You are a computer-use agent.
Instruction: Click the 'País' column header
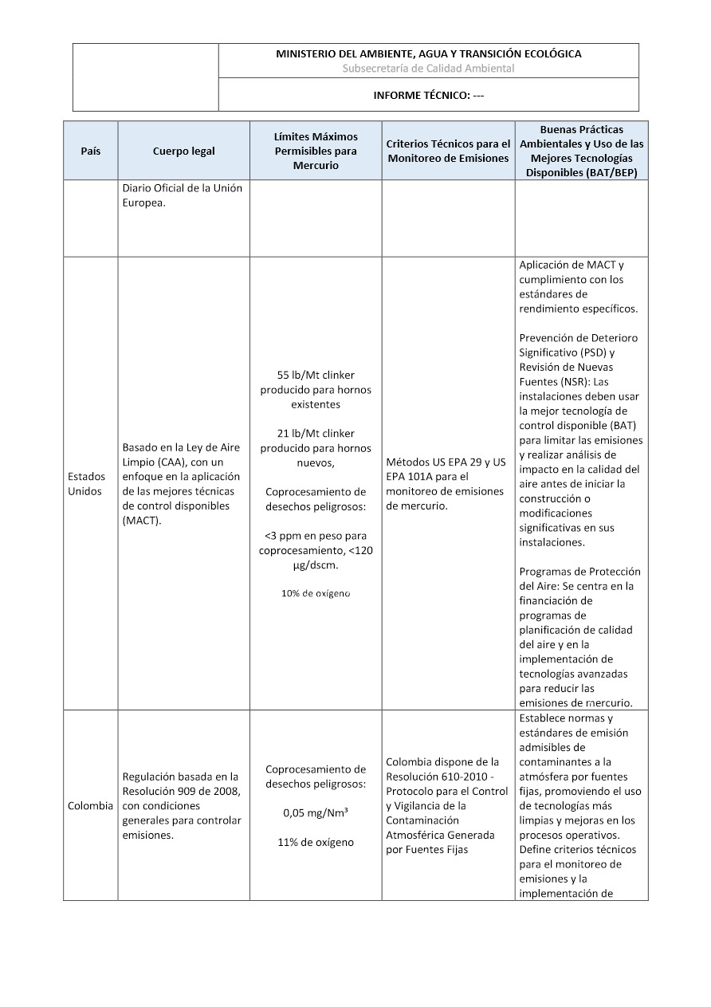[91, 151]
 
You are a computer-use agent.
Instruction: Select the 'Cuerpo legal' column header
[183, 151]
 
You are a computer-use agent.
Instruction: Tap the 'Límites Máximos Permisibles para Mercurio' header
[316, 151]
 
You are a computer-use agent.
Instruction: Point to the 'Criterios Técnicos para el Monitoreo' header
[448, 151]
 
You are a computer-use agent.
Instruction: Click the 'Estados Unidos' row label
[85, 483]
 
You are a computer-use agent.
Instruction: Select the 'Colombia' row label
[90, 805]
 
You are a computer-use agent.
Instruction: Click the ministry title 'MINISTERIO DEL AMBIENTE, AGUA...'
[428, 53]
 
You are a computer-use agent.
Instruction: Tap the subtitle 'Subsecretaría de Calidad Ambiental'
[428, 69]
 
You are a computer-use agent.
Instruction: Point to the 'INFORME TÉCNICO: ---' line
[428, 95]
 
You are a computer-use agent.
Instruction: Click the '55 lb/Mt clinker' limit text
[316, 375]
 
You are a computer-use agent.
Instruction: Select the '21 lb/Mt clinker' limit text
[316, 433]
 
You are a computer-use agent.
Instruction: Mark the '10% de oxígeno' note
[316, 593]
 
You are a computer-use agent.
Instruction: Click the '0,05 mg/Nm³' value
[316, 813]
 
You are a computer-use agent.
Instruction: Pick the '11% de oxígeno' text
[316, 842]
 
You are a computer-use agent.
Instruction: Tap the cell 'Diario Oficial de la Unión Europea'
[183, 195]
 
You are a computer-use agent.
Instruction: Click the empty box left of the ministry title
[145, 77]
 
